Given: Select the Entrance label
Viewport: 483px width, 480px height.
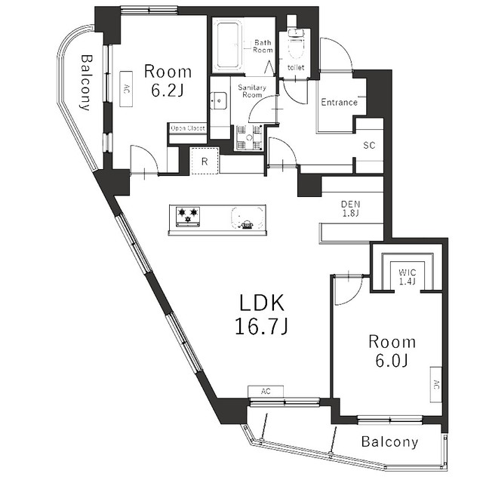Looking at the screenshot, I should pos(339,102).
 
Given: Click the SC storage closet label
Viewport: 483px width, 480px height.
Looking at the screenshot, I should pos(369,144).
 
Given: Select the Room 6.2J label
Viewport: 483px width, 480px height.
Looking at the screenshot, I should pos(168,80).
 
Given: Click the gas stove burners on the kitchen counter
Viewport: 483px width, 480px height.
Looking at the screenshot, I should pos(188,216).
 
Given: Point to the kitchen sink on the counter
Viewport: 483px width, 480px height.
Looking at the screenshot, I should pos(246,216).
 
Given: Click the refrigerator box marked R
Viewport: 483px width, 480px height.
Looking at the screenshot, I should pos(204,161).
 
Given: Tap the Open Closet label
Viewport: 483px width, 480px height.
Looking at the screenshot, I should pos(187,128).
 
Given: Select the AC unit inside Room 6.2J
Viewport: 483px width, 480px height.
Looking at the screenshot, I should pos(125,88).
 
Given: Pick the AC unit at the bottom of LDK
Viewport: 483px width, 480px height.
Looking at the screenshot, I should pos(266,391).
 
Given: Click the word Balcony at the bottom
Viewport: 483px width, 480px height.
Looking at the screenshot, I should pos(389,442).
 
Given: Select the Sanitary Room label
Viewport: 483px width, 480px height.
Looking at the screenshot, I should pos(251,91).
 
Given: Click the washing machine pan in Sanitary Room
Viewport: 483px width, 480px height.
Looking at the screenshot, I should pos(247,138).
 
